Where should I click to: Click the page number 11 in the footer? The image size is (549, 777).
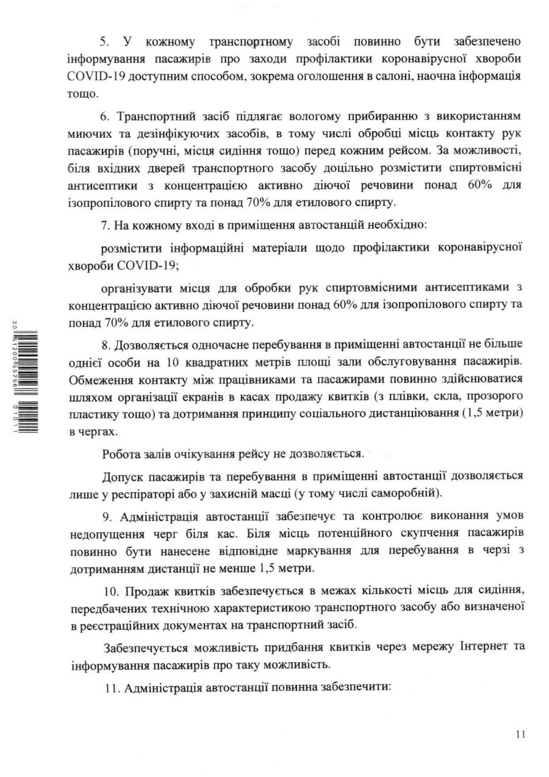[520, 735]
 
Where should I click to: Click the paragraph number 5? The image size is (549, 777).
[104, 42]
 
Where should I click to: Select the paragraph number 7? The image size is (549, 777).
[104, 226]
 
